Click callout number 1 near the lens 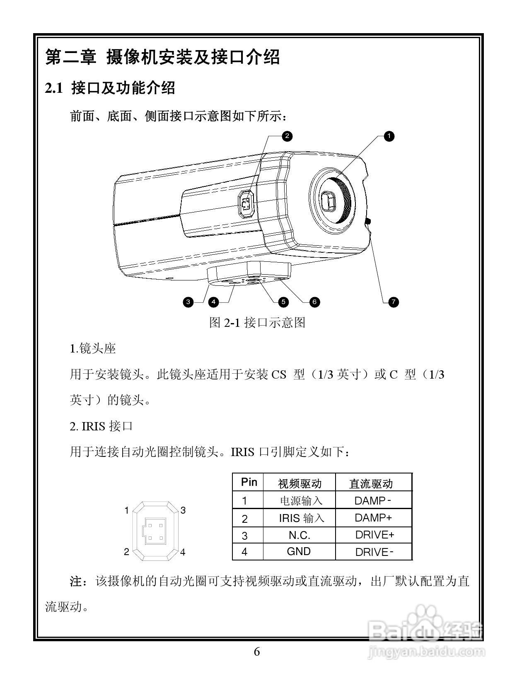click(389, 136)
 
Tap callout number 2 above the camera click(287, 136)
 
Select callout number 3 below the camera click(188, 302)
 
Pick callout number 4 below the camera click(213, 302)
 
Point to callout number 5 click(283, 302)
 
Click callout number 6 click(314, 302)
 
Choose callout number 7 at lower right click(394, 302)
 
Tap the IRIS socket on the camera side click(247, 204)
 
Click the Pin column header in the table click(249, 482)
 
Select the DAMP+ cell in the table click(373, 518)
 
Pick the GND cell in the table click(299, 551)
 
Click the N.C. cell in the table click(299, 535)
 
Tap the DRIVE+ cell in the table click(374, 535)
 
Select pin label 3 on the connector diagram click(183, 510)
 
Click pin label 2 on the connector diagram click(127, 552)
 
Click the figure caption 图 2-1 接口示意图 click(257, 322)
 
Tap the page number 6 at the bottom click(257, 652)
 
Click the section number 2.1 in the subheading click(54, 88)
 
